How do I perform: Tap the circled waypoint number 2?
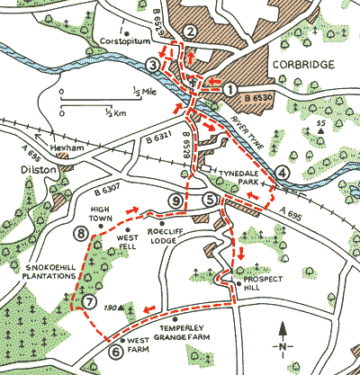(x=190, y=32)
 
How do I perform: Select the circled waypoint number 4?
(x=154, y=65)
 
